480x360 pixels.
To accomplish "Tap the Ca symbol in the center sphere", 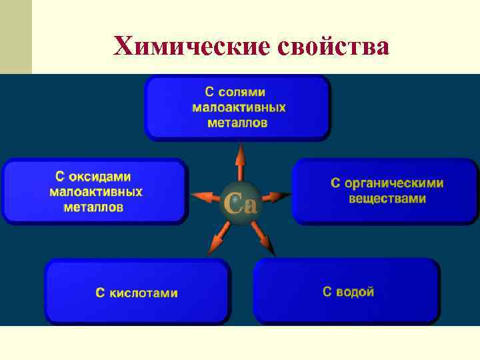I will (x=240, y=202).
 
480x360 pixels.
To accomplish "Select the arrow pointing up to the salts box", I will (x=240, y=164).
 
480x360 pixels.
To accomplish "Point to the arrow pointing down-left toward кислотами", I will (x=218, y=237).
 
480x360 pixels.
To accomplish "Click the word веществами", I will (x=387, y=199).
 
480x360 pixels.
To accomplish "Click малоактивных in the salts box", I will (x=239, y=107).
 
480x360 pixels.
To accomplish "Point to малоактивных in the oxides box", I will (x=96, y=192).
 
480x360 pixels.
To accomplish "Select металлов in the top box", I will (x=238, y=122).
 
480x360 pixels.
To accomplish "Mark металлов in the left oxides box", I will (x=93, y=207).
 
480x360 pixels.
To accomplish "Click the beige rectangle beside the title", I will (x=15, y=37).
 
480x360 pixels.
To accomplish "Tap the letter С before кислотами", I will (x=100, y=293).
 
